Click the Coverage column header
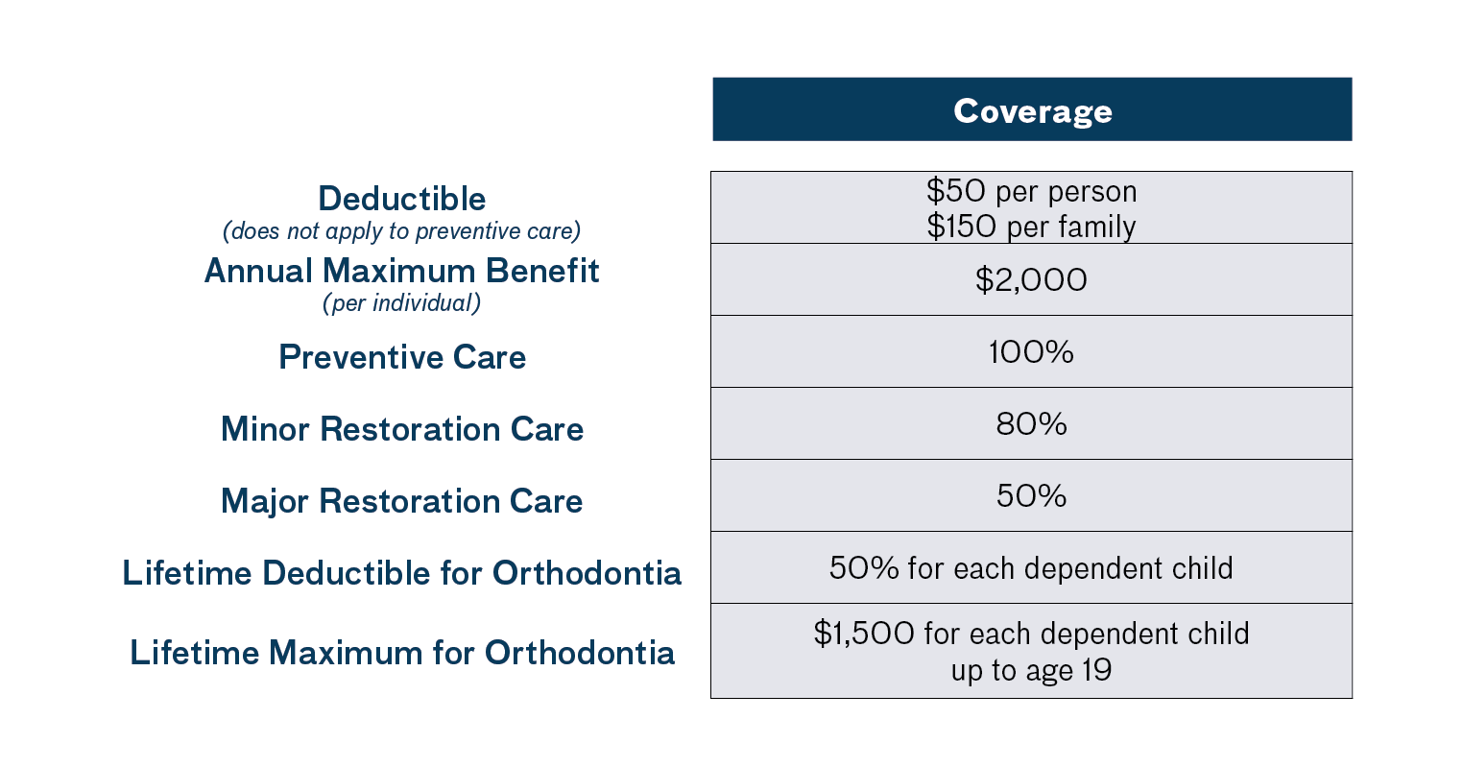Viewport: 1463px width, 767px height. coord(1032,109)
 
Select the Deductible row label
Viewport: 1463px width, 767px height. coord(401,199)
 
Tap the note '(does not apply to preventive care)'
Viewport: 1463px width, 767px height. coord(401,231)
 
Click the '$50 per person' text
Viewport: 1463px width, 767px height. coord(1031,191)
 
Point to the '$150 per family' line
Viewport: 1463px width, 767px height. coord(1031,227)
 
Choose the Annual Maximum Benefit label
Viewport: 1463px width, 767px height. coord(401,271)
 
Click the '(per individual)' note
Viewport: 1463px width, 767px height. coord(401,303)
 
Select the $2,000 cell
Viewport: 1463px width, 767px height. coord(1031,279)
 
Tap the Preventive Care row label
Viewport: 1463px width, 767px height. coord(402,357)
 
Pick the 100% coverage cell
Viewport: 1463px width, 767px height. coord(1031,352)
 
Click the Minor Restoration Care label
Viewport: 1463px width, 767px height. coord(402,429)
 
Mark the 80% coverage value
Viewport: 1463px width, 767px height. coord(1031,424)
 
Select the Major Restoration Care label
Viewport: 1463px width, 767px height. coord(401,501)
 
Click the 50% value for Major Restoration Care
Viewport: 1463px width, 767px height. coord(1031,496)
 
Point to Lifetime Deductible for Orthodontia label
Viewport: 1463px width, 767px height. coord(401,573)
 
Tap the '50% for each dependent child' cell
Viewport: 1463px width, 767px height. coord(1031,567)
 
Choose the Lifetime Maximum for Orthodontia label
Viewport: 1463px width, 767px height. coord(401,653)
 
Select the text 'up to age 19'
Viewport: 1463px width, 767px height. coord(1031,670)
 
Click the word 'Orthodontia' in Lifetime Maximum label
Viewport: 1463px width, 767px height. coord(579,653)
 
